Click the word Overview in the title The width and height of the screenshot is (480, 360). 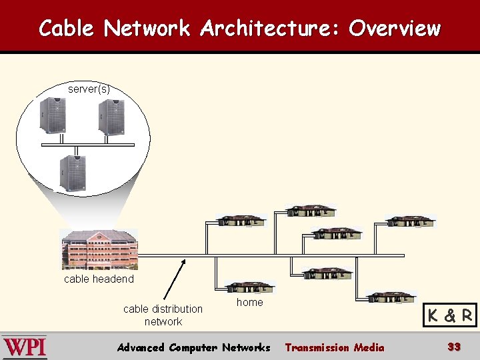coord(394,28)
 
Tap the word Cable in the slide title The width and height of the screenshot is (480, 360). coord(67,28)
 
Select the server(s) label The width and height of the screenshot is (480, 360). coord(89,89)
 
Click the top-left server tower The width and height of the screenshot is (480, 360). coord(53,115)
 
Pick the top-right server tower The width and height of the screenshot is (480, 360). coord(111,117)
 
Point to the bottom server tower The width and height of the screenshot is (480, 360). coord(72,173)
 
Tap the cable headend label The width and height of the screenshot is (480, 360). coord(99,279)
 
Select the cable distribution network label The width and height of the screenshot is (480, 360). coord(163,315)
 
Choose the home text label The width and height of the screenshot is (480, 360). coord(250,302)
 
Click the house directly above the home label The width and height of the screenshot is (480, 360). coord(250,287)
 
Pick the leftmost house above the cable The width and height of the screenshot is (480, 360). coord(241,221)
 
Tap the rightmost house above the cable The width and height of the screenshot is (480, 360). coord(410,221)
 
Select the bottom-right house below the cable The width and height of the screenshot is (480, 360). coord(391,297)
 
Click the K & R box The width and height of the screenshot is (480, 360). coord(450,315)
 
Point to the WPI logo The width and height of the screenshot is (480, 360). coord(24,347)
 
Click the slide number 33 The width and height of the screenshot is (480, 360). coord(454,347)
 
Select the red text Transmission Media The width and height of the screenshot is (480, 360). coord(334,347)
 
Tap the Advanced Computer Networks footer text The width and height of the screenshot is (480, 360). coord(193,347)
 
